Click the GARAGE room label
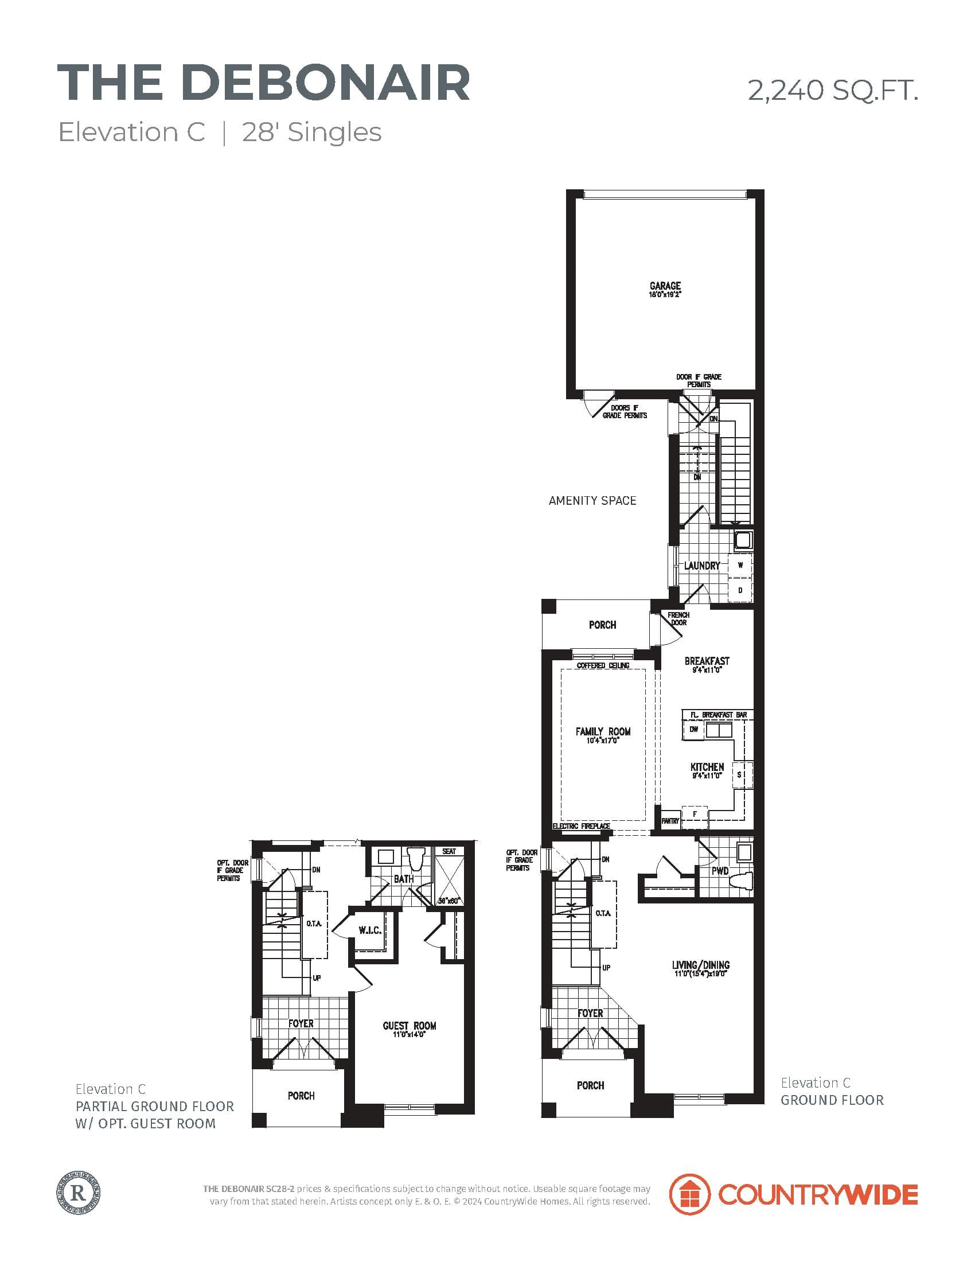click(x=665, y=286)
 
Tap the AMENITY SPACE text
click(x=592, y=500)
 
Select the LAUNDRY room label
click(x=702, y=566)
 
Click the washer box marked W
click(x=740, y=565)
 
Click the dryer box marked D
click(x=740, y=590)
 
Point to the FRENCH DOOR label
click(x=678, y=618)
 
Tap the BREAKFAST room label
click(x=707, y=661)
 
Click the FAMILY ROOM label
click(x=602, y=731)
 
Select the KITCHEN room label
click(x=707, y=767)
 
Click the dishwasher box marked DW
click(x=694, y=729)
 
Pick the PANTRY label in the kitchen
click(x=670, y=820)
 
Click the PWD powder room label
click(x=720, y=871)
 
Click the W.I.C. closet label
click(x=369, y=930)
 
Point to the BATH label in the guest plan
click(x=403, y=879)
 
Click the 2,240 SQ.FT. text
click(x=832, y=91)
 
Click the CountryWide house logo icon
click(x=688, y=1193)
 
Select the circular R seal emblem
click(x=80, y=1191)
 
